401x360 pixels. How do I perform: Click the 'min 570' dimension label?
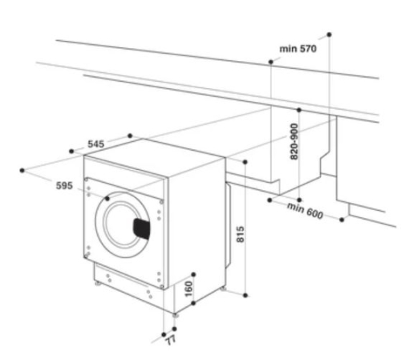click(298, 49)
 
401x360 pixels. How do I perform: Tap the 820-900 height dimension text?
click(294, 141)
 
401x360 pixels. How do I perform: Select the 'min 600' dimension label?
click(305, 211)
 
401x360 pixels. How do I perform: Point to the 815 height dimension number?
click(241, 234)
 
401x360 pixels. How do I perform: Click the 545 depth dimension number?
click(96, 144)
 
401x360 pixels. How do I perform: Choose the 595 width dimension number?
click(64, 185)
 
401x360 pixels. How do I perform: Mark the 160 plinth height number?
click(188, 289)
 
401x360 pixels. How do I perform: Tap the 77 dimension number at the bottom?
click(171, 340)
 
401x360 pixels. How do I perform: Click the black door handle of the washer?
click(142, 229)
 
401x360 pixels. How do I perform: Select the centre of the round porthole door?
click(123, 224)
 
